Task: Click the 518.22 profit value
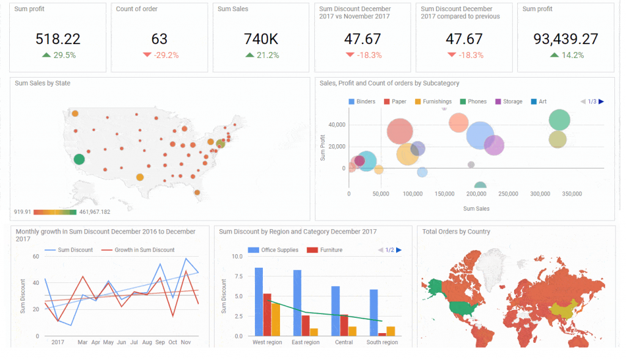(57, 39)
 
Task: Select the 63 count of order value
(159, 39)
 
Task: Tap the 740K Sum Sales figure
(261, 39)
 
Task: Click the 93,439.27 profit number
(565, 39)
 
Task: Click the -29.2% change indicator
(160, 55)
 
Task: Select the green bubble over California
(79, 160)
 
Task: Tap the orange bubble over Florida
(197, 193)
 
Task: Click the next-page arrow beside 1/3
(602, 101)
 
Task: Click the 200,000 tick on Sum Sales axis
(476, 194)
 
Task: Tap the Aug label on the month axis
(147, 342)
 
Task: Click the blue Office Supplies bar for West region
(259, 301)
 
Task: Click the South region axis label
(382, 342)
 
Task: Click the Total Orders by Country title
(456, 232)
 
